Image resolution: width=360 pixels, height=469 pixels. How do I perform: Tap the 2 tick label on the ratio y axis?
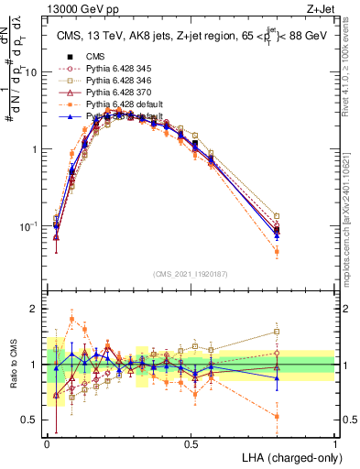tap(34, 309)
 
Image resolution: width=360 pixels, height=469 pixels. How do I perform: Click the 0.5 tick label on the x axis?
tap(191, 443)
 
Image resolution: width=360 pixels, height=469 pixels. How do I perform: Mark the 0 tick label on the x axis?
tap(48, 443)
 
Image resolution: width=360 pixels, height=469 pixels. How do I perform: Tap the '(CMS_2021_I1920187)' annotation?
tap(191, 273)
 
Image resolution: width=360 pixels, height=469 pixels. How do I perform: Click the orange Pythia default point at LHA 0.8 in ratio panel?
tap(278, 417)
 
